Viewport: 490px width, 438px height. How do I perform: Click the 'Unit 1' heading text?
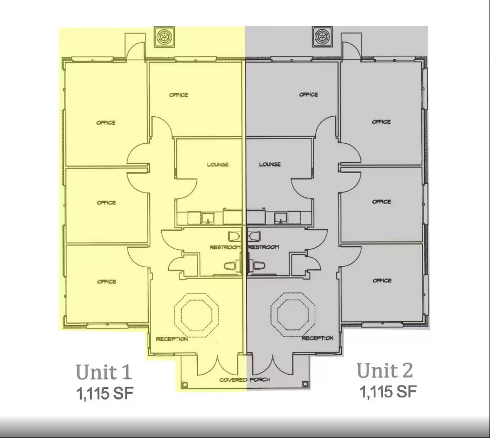(104, 372)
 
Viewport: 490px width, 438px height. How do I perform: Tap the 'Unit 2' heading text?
(385, 370)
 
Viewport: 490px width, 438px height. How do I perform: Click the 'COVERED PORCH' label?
(245, 380)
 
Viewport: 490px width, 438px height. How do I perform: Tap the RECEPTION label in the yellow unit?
(172, 339)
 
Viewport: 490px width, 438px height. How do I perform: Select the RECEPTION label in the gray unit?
(317, 339)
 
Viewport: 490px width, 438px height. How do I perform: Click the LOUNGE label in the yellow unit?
(217, 164)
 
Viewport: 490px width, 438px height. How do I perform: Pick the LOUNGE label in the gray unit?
(270, 164)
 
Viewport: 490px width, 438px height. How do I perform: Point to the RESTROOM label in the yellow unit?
(225, 247)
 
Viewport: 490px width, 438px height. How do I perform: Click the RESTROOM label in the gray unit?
(264, 247)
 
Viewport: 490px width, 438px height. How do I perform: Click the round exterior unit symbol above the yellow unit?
(163, 36)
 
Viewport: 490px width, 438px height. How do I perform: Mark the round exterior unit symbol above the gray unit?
(321, 36)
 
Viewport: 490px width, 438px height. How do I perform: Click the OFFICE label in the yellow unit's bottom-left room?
(106, 282)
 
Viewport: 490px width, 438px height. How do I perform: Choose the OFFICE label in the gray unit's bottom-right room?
(382, 281)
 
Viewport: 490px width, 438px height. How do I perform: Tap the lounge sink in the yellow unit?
(207, 218)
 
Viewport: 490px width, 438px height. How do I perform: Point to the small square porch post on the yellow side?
(184, 385)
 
